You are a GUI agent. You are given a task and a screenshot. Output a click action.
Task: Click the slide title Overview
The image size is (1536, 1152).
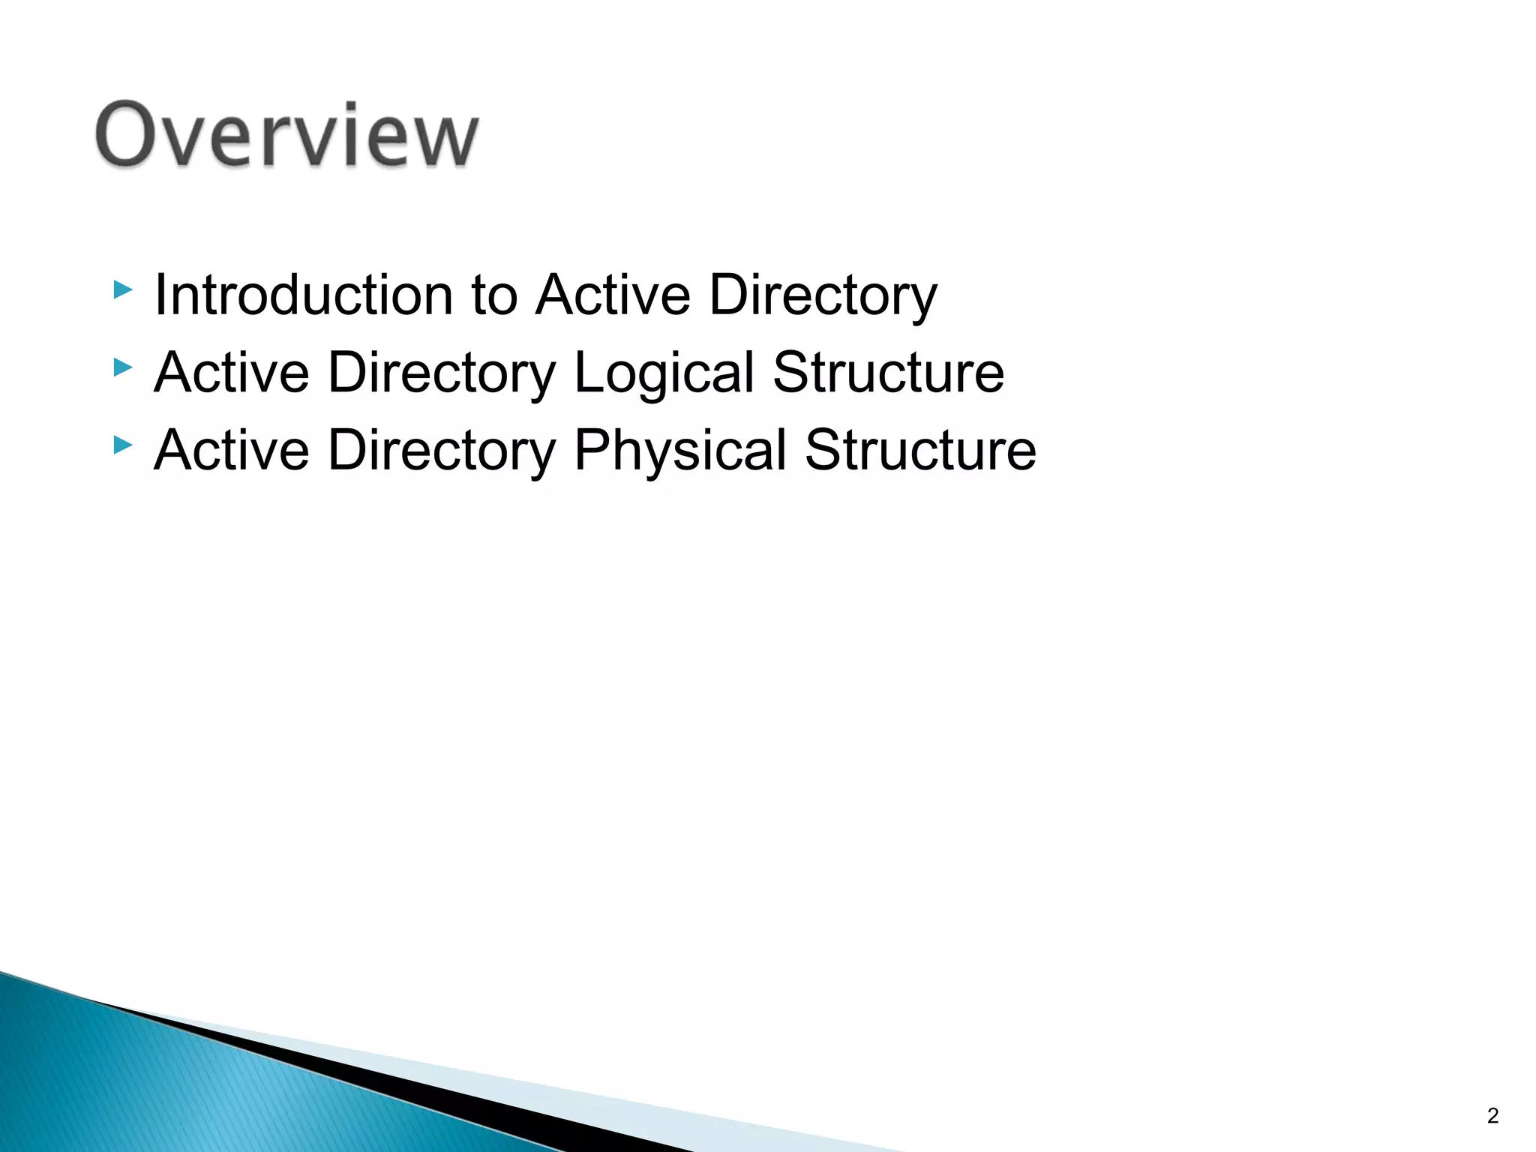coord(286,135)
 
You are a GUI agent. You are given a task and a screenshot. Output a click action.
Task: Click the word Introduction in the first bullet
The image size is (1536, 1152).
coord(303,295)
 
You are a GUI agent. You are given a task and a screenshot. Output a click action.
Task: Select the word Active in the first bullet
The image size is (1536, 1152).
coord(613,295)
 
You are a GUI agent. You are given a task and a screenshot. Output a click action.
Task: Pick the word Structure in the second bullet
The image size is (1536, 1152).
coord(888,373)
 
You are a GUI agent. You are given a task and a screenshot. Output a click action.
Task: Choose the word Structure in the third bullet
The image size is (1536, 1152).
coord(920,450)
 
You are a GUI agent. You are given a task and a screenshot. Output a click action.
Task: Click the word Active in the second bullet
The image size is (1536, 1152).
coord(232,373)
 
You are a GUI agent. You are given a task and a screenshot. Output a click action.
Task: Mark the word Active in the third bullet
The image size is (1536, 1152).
coord(232,450)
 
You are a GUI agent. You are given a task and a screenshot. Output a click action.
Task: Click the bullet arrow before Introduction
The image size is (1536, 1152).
coord(122,289)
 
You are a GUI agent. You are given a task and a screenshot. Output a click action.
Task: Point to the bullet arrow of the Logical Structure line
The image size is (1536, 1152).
coord(122,367)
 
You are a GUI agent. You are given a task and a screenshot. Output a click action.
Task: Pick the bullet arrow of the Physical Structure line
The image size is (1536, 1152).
coord(122,445)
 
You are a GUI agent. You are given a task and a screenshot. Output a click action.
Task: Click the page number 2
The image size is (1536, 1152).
coord(1492,1116)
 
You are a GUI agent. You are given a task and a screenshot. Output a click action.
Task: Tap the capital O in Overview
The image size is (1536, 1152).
coord(125,135)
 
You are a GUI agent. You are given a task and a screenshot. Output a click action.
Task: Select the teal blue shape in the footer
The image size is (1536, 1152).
coord(187,1087)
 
